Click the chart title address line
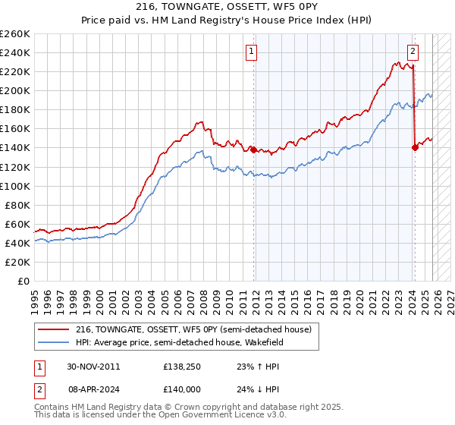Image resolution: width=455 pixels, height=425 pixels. pyautogui.click(x=227, y=7)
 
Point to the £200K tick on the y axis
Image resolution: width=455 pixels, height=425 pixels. pyautogui.click(x=15, y=90)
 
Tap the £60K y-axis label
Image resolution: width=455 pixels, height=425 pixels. pyautogui.click(x=17, y=224)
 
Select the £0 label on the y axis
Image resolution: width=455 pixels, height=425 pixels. pyautogui.click(x=23, y=281)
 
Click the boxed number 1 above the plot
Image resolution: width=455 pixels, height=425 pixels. pyautogui.click(x=251, y=52)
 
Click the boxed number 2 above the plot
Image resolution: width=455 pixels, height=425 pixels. pyautogui.click(x=413, y=52)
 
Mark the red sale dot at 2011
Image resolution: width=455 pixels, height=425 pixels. pyautogui.click(x=253, y=150)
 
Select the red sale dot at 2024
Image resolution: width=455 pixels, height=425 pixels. pyautogui.click(x=415, y=148)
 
